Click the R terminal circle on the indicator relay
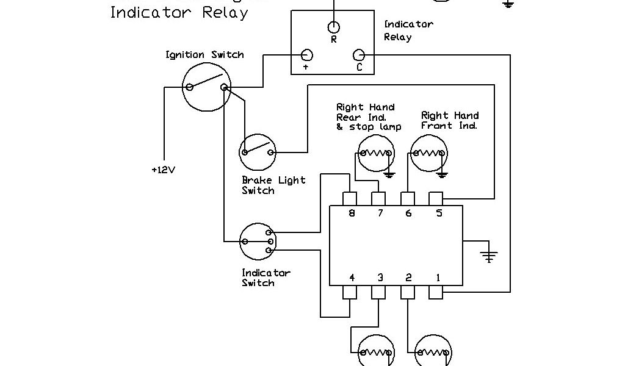(334, 27)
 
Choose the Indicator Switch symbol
(257, 242)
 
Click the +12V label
(163, 170)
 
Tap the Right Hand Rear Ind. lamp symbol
(375, 152)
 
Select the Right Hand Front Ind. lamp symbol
(429, 152)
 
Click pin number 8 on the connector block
(350, 199)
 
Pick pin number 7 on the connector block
(379, 199)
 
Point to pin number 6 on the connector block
(408, 199)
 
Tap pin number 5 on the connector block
(436, 199)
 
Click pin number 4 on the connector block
(350, 293)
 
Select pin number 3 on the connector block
(379, 293)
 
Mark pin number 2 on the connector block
(408, 293)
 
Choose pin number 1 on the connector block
(436, 293)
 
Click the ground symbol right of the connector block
(488, 255)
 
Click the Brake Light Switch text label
(273, 185)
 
